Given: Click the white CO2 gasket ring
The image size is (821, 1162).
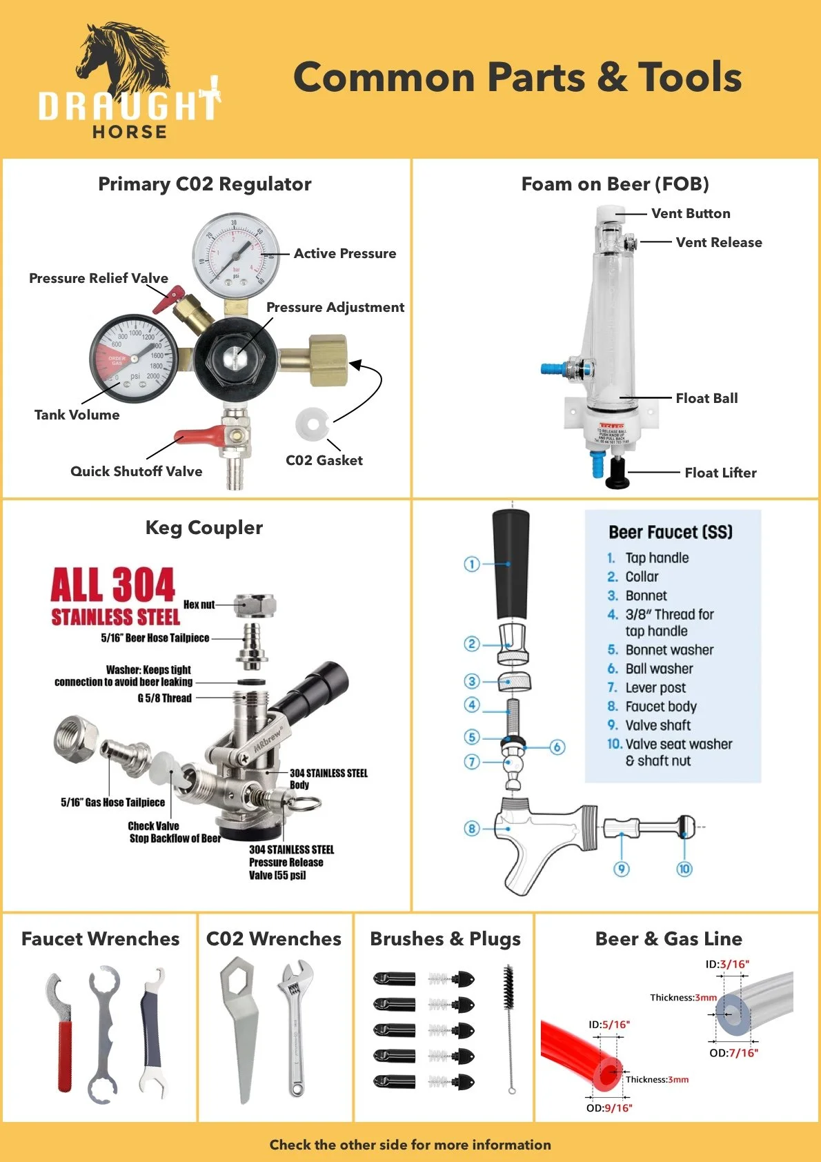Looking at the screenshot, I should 311,423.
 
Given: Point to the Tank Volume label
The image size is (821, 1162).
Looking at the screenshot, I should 77,415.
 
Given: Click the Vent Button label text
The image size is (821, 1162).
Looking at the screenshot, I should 691,214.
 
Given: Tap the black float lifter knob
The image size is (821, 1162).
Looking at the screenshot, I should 617,473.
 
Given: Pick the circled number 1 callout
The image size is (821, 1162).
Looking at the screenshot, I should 471,564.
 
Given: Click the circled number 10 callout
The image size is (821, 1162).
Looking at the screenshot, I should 684,868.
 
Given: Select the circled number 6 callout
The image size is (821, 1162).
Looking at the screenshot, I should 557,747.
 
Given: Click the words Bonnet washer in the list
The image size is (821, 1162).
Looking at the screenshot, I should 669,650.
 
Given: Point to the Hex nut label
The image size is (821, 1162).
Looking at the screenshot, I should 199,605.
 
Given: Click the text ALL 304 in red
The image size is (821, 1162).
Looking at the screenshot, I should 112,585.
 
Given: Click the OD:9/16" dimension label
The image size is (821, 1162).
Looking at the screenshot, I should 609,1108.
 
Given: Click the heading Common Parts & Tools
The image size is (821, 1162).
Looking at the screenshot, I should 517,77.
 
